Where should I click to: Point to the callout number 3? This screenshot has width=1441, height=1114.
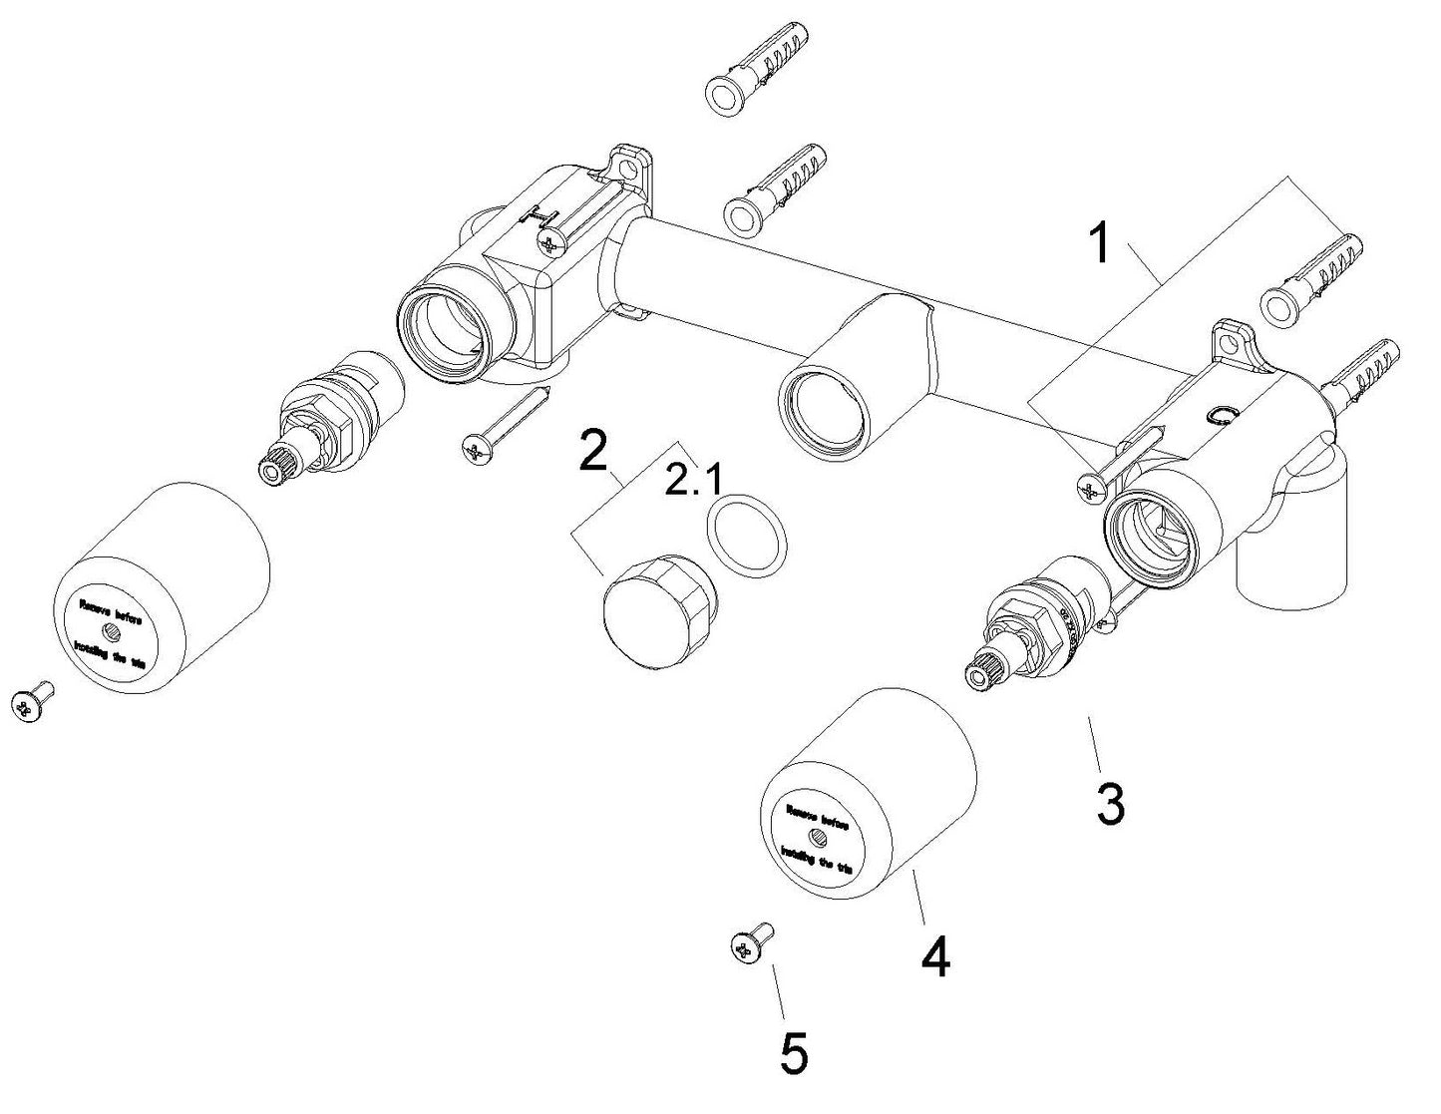[x=1109, y=802]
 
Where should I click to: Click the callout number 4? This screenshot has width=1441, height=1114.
[x=933, y=956]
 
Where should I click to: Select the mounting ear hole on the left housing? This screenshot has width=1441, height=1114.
[x=631, y=160]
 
